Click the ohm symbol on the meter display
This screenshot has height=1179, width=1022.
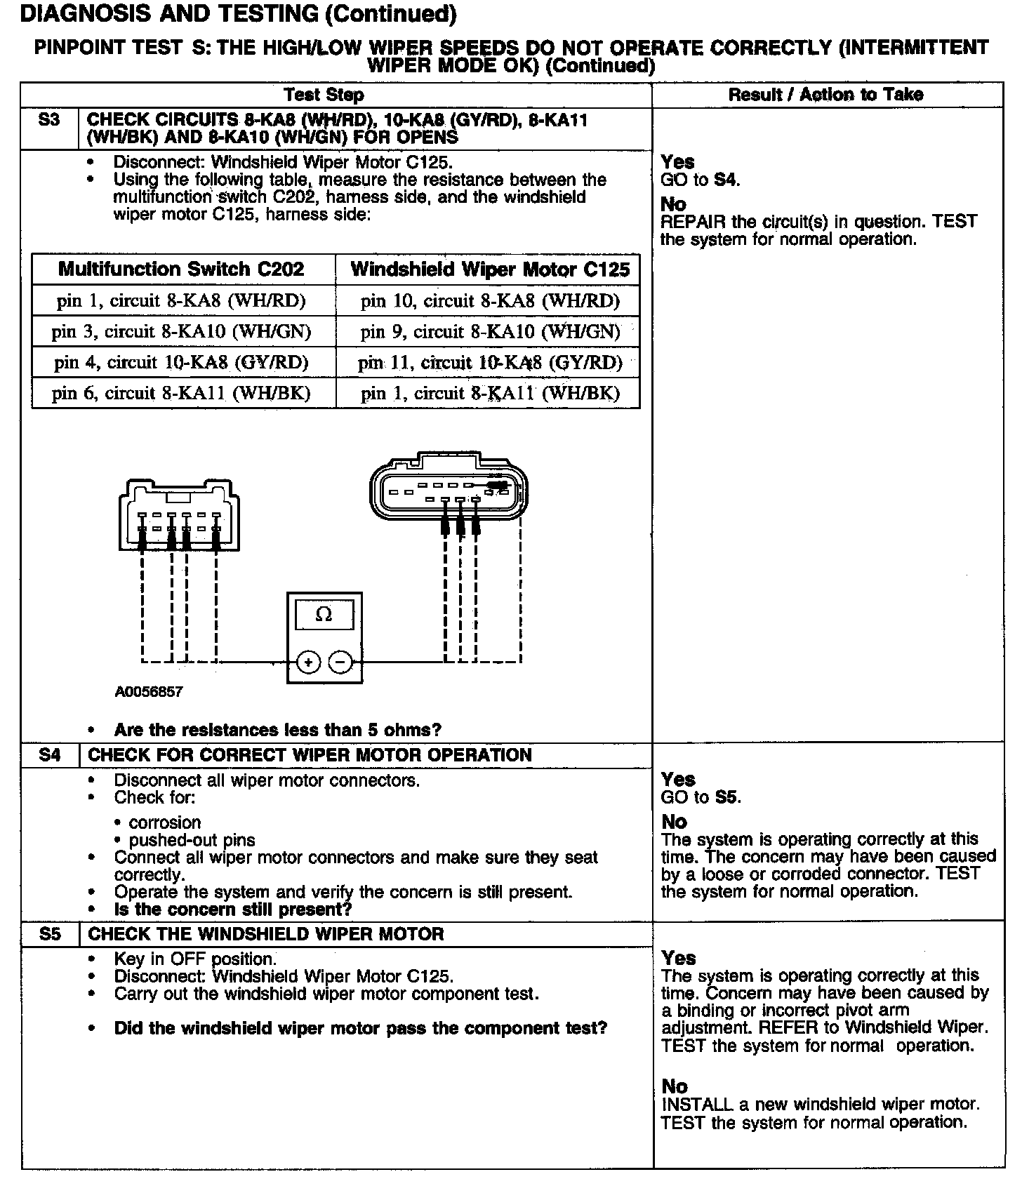point(324,615)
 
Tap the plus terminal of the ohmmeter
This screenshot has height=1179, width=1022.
point(308,662)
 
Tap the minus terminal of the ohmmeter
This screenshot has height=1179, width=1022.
point(341,662)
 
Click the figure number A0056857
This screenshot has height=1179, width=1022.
point(149,692)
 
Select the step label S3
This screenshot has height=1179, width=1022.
point(49,120)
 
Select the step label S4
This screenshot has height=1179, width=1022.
point(49,755)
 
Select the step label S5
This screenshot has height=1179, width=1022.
point(49,934)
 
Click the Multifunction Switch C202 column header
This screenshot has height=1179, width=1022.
point(181,269)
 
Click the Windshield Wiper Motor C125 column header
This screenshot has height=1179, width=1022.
point(490,269)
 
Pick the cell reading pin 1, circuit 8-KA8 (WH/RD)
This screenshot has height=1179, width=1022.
point(181,301)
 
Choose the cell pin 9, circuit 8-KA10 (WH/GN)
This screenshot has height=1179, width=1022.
point(490,331)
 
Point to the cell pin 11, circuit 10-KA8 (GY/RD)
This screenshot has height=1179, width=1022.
point(490,362)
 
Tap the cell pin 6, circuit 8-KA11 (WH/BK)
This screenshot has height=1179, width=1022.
point(181,393)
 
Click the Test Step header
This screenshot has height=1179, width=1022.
point(324,95)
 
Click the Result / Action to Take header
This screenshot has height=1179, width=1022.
point(825,95)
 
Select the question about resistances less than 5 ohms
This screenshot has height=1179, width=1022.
point(277,730)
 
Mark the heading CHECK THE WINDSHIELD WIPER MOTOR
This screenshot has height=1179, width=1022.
point(266,934)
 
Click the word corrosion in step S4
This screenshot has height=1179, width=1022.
point(165,822)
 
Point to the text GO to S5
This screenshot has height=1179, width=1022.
point(701,797)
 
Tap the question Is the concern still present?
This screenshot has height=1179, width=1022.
point(232,910)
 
